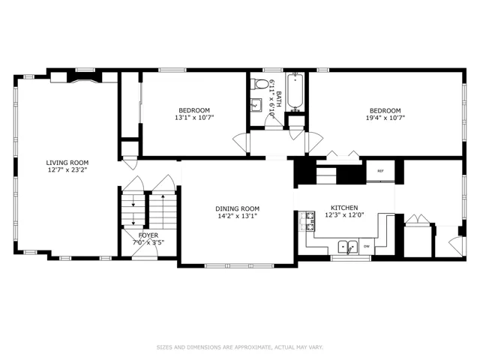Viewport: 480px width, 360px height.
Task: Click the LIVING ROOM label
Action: [67, 163]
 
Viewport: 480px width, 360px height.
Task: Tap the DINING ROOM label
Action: [237, 208]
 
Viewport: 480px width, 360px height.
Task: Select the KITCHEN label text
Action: [344, 208]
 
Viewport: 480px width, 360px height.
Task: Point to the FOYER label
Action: [148, 235]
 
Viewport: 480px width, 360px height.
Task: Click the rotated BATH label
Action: [278, 98]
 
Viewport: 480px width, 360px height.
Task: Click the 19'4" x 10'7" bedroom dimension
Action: [385, 118]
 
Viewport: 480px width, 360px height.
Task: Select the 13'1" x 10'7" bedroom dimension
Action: [194, 117]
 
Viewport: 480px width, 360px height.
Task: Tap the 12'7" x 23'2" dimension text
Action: [67, 170]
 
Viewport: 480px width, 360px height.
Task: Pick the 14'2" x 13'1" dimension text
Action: [237, 216]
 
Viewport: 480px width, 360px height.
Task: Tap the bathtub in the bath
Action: [295, 91]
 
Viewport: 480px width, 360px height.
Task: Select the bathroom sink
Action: [256, 105]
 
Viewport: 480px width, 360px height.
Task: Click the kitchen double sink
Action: [348, 247]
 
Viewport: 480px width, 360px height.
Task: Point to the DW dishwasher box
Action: [367, 247]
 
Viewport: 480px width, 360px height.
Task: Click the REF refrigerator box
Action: [380, 171]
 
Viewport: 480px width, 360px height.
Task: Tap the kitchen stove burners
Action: [310, 221]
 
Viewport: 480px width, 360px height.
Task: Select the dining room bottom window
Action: [239, 265]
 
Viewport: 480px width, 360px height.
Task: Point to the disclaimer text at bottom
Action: [240, 347]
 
